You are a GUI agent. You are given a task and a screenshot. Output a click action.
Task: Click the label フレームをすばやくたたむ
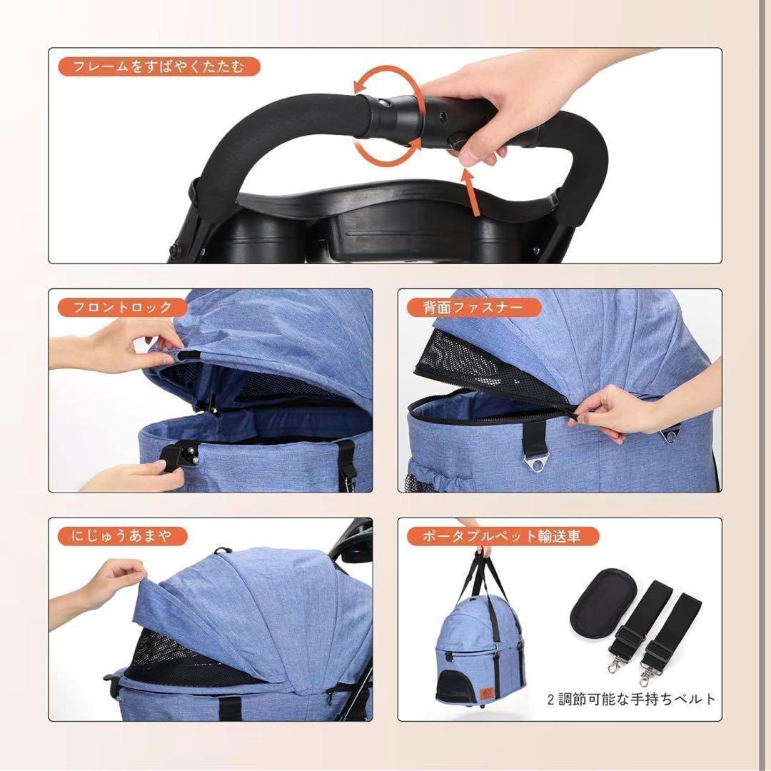point(158,66)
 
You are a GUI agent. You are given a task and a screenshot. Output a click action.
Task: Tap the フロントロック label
point(123,307)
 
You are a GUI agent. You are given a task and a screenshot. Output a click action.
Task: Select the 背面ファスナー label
point(474,307)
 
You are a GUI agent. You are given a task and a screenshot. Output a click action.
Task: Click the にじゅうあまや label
point(122,536)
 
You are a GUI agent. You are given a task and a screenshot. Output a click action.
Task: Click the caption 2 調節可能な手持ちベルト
point(631,699)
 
